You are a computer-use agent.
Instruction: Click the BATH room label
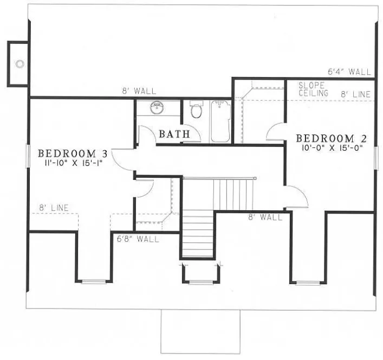pyautogui.click(x=174, y=133)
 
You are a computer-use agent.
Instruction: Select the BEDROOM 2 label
pyautogui.click(x=329, y=137)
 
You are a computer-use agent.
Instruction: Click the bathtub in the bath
pyautogui.click(x=220, y=121)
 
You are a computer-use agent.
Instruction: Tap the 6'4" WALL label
pyautogui.click(x=349, y=72)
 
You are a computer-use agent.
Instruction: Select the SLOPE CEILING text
pyautogui.click(x=314, y=89)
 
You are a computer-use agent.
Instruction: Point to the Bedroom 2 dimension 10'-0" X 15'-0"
pyautogui.click(x=329, y=146)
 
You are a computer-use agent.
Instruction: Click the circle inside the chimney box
pyautogui.click(x=20, y=64)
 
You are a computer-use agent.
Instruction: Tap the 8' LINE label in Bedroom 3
pyautogui.click(x=52, y=208)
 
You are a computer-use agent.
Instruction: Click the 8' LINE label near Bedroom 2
pyautogui.click(x=355, y=94)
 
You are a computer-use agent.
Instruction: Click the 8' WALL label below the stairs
pyautogui.click(x=265, y=217)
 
